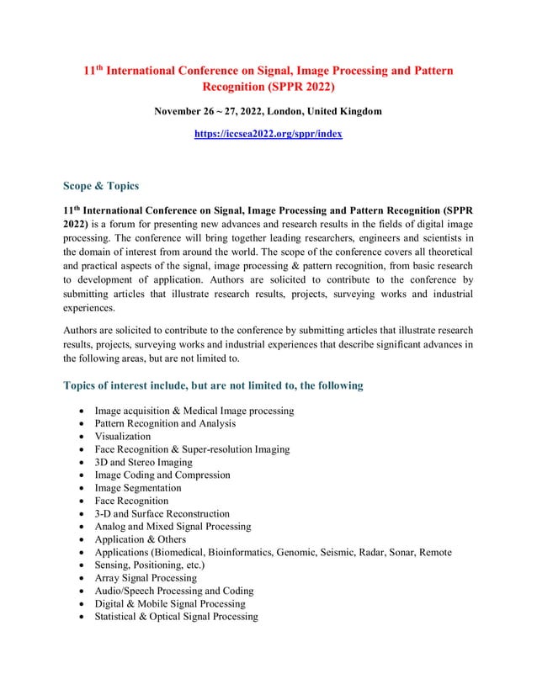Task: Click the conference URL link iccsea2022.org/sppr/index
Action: [268, 134]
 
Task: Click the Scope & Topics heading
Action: [101, 186]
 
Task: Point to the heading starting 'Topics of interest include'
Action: [213, 385]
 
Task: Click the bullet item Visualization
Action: [123, 437]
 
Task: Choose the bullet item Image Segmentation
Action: [138, 488]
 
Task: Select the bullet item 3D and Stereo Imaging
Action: [143, 462]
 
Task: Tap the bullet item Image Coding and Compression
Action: [162, 475]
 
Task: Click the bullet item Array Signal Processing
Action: [146, 578]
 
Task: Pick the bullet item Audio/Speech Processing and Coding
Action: [174, 591]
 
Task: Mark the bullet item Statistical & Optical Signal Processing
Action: [176, 617]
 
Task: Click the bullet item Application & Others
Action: [141, 539]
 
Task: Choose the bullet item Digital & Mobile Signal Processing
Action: [170, 603]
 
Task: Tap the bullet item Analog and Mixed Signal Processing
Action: [173, 527]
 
